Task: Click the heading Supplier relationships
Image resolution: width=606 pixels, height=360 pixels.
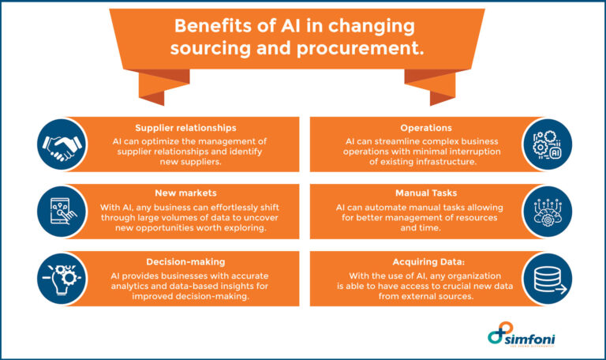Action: [x=186, y=126]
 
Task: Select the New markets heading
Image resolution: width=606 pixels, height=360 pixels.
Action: [x=186, y=192]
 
